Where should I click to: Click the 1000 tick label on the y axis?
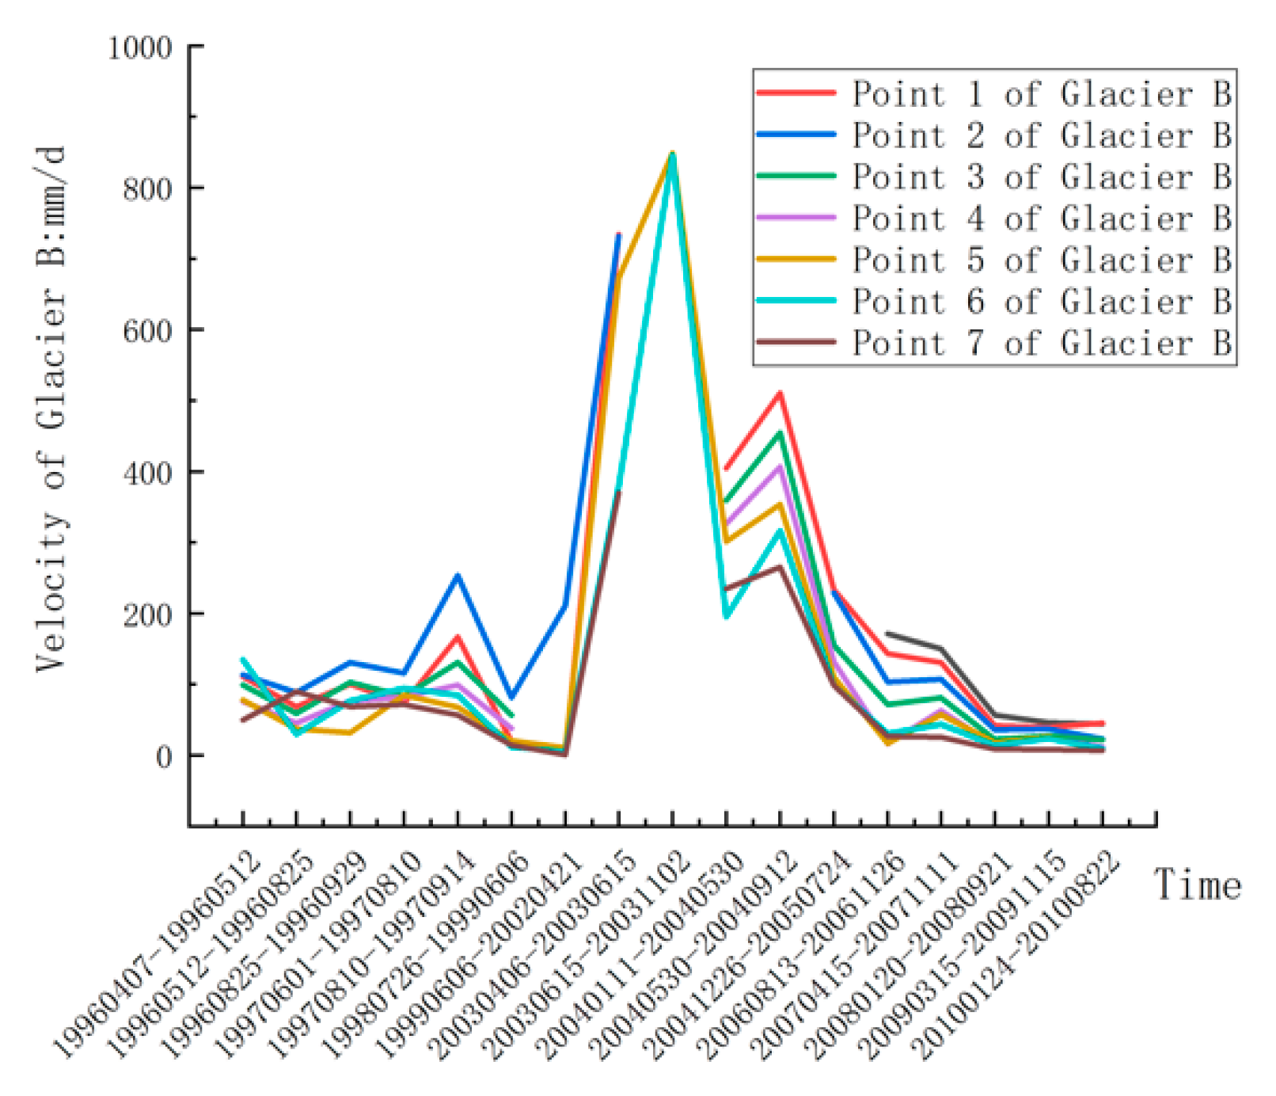[x=140, y=48]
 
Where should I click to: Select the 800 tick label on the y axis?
[x=148, y=189]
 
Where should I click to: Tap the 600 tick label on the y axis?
[x=148, y=331]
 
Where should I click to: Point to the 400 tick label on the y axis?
[x=148, y=473]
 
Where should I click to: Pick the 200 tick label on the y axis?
[x=148, y=615]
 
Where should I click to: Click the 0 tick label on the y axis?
[x=164, y=757]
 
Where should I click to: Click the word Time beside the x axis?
[x=1197, y=885]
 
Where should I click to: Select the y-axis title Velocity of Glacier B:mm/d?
[x=51, y=409]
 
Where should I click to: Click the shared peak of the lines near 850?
[x=672, y=153]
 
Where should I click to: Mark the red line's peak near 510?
[x=780, y=393]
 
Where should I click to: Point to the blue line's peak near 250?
[x=457, y=576]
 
